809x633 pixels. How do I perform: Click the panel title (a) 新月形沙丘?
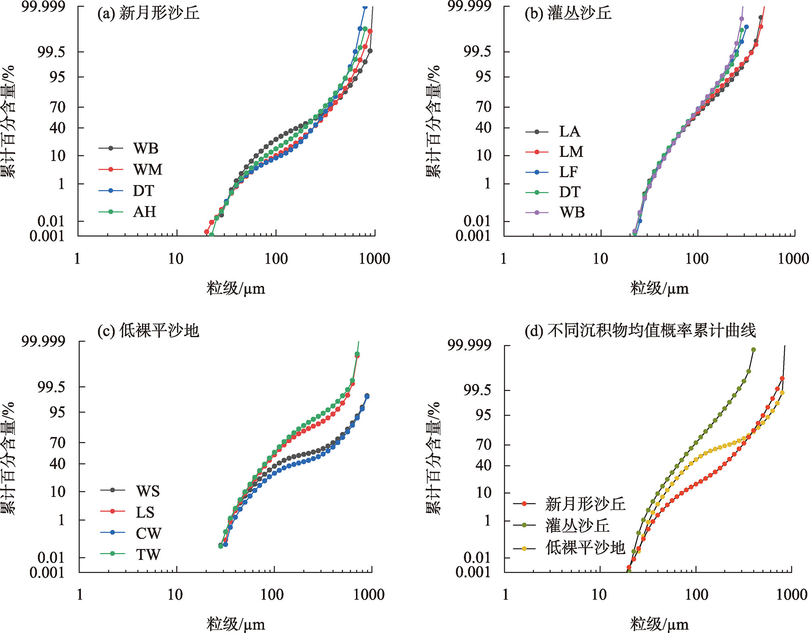148,13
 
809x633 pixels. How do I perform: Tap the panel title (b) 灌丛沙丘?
568,13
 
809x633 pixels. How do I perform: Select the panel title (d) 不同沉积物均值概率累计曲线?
640,331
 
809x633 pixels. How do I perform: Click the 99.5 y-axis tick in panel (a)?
51,52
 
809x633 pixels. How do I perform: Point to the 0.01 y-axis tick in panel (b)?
477,221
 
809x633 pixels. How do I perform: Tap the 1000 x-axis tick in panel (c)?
369,595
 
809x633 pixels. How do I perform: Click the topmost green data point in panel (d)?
753,350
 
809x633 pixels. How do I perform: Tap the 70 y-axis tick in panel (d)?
483,445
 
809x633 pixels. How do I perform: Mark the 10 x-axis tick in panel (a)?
176,259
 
